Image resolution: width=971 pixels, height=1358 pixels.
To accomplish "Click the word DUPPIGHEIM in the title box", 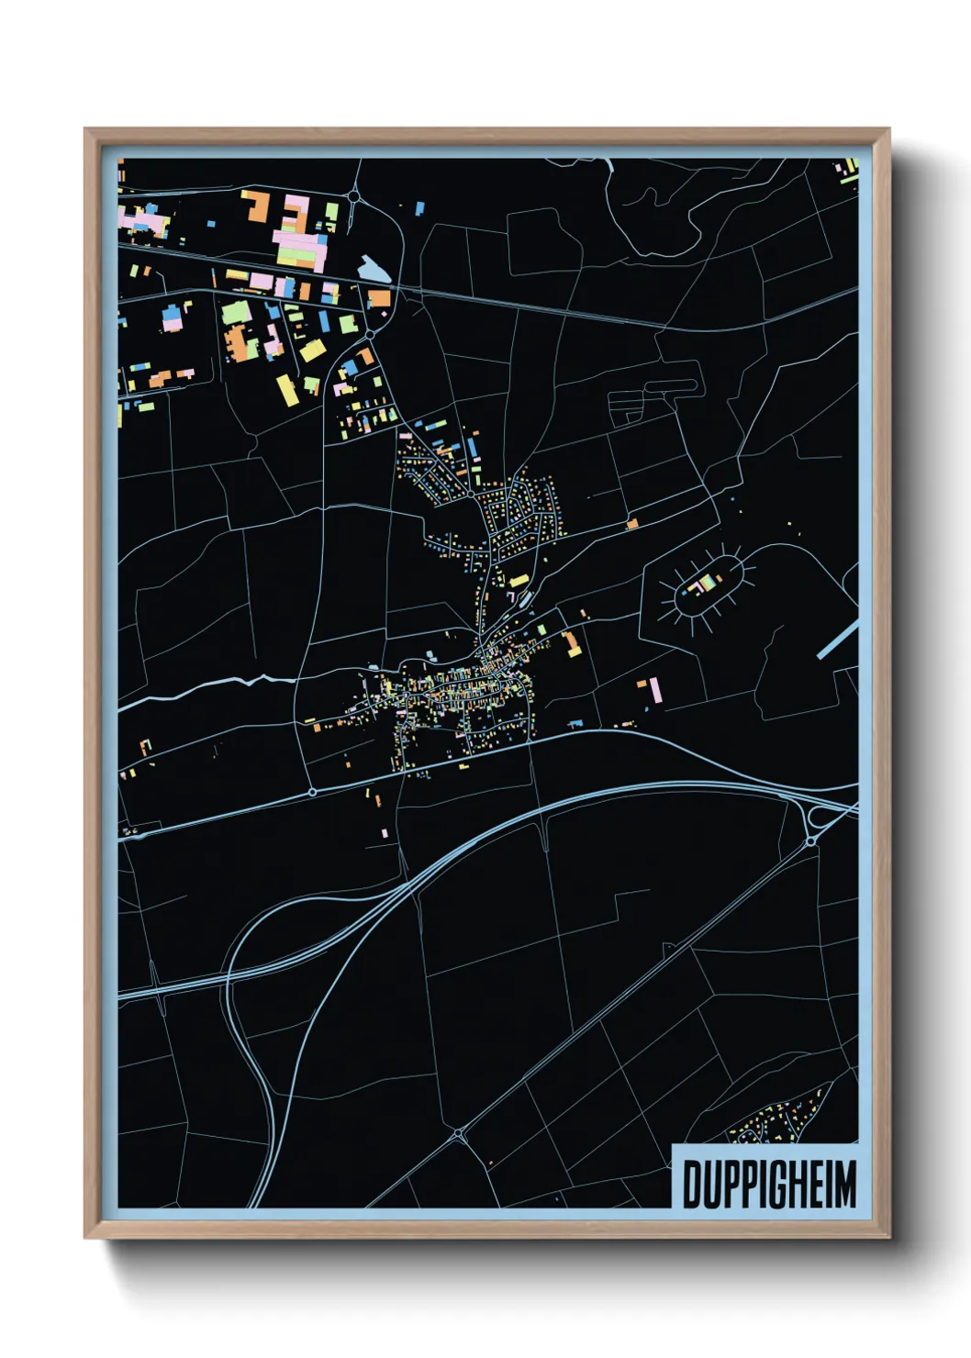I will pyautogui.click(x=769, y=1185).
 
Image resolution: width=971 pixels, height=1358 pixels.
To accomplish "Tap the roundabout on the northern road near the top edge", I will pyautogui.click(x=354, y=195).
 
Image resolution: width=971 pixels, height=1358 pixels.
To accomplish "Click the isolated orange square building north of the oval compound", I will pyautogui.click(x=632, y=524).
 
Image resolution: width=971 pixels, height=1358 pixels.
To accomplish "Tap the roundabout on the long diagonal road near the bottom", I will pyautogui.click(x=460, y=1136).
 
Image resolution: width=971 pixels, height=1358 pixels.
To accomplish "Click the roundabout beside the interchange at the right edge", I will pyautogui.click(x=811, y=840).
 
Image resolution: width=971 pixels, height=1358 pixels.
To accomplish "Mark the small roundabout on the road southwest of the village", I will pyautogui.click(x=313, y=791).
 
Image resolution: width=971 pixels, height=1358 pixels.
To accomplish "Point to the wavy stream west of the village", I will pyautogui.click(x=248, y=682).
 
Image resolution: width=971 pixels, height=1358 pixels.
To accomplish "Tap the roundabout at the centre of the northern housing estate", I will pyautogui.click(x=471, y=494).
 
